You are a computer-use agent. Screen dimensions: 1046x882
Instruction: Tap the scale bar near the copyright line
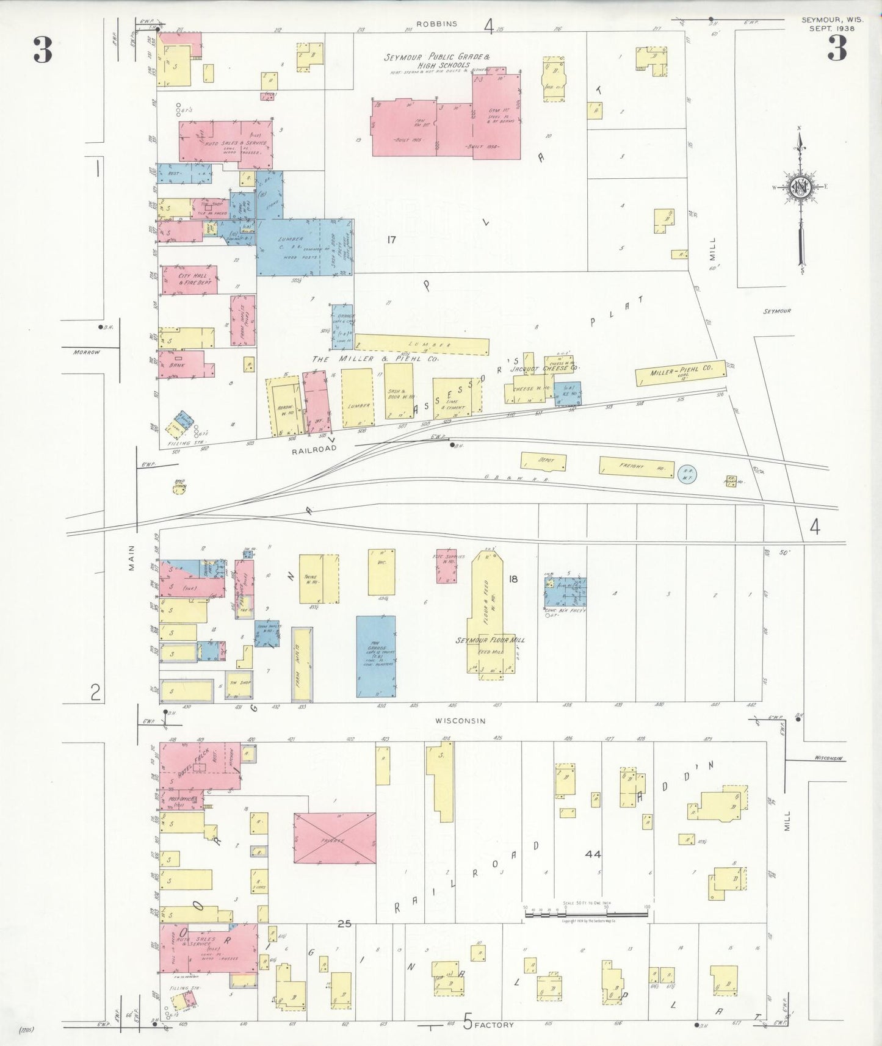pos(586,914)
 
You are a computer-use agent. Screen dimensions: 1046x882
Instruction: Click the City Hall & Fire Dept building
pos(189,280)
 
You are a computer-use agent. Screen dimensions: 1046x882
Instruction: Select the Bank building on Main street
pos(182,364)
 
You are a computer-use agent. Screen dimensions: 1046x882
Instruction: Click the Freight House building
pos(637,467)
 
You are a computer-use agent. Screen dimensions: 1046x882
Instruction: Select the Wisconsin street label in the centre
pos(460,721)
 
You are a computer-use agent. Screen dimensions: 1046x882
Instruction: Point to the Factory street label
pos(494,1025)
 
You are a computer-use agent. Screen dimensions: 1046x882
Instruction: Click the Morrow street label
pos(86,352)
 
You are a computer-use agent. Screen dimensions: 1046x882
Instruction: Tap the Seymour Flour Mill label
pos(490,640)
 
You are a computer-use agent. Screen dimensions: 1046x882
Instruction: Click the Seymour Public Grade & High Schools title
pos(436,60)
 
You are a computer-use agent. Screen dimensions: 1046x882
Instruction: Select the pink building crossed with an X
pos(334,838)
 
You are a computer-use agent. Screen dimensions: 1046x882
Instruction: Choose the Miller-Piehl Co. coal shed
pos(681,372)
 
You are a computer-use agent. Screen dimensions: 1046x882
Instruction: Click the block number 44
pos(593,854)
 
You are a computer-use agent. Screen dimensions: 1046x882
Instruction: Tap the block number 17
pos(391,239)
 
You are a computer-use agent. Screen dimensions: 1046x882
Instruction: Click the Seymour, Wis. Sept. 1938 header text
pos(831,24)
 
